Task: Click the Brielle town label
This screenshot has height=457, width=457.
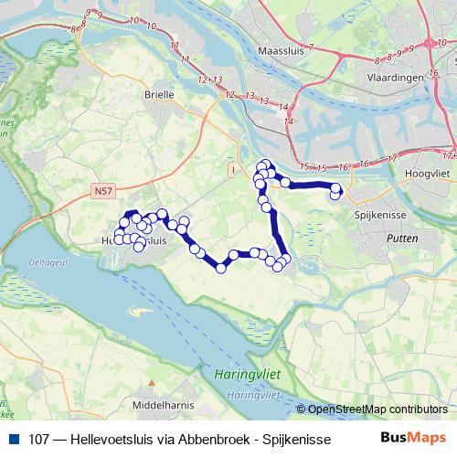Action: point(158,93)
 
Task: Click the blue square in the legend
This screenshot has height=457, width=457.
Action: point(12,438)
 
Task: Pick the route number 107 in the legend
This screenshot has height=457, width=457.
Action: point(38,438)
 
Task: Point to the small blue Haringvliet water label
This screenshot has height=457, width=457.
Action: point(252,395)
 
